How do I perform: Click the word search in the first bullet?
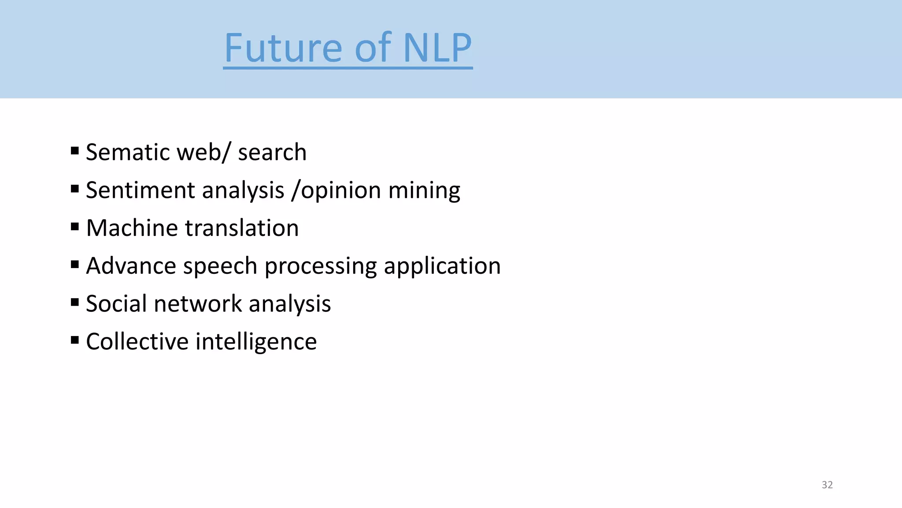point(272,152)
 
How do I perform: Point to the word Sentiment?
point(140,190)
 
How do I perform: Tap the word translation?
point(242,228)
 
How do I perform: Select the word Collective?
point(137,342)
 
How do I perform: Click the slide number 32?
point(827,485)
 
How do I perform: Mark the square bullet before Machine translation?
point(75,227)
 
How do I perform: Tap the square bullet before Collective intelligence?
point(75,340)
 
